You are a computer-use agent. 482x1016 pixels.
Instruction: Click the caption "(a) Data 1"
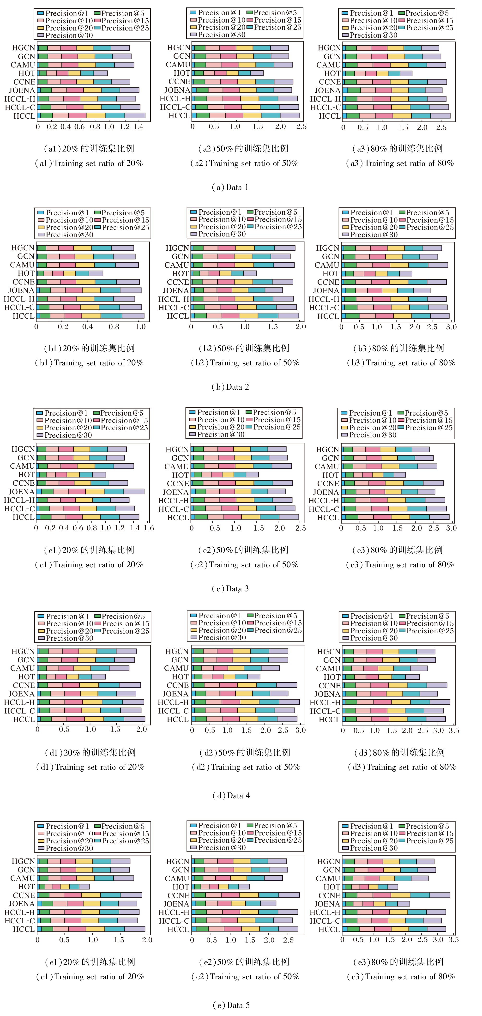230,187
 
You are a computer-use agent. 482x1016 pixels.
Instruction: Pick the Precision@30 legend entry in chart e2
218,847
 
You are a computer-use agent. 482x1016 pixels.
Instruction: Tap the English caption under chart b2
245,363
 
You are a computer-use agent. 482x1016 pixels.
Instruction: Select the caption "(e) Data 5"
231,1005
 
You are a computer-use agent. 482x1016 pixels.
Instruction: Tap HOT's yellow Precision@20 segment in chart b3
381,273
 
